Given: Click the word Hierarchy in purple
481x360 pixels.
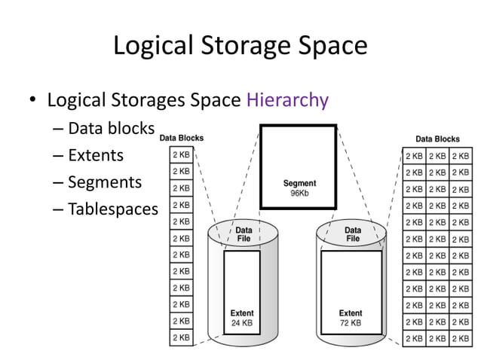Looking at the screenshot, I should (287, 100).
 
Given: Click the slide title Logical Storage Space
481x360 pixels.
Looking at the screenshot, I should (240, 46).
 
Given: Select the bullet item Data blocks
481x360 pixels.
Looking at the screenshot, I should (111, 128).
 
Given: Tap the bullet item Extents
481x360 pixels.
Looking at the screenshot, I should (95, 155).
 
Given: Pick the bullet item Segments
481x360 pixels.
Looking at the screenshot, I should (104, 182).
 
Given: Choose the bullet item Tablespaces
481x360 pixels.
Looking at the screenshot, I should (113, 209).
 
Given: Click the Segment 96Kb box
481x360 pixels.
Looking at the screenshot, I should (299, 166).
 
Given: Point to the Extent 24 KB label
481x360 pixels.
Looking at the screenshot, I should (242, 318).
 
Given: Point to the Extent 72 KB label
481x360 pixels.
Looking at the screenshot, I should (350, 318).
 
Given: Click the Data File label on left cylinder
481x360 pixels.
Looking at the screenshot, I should (243, 234).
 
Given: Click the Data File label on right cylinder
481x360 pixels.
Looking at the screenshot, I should (352, 234).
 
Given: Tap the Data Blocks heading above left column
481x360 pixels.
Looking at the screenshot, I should (181, 138).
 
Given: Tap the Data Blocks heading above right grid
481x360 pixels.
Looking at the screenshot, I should (437, 139).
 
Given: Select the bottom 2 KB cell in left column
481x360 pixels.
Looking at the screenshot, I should (181, 337).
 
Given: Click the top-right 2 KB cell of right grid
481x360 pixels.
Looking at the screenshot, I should (461, 157).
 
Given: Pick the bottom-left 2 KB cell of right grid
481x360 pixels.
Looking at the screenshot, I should (414, 338).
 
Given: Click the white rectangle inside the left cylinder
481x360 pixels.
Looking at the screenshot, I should (242, 279).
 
